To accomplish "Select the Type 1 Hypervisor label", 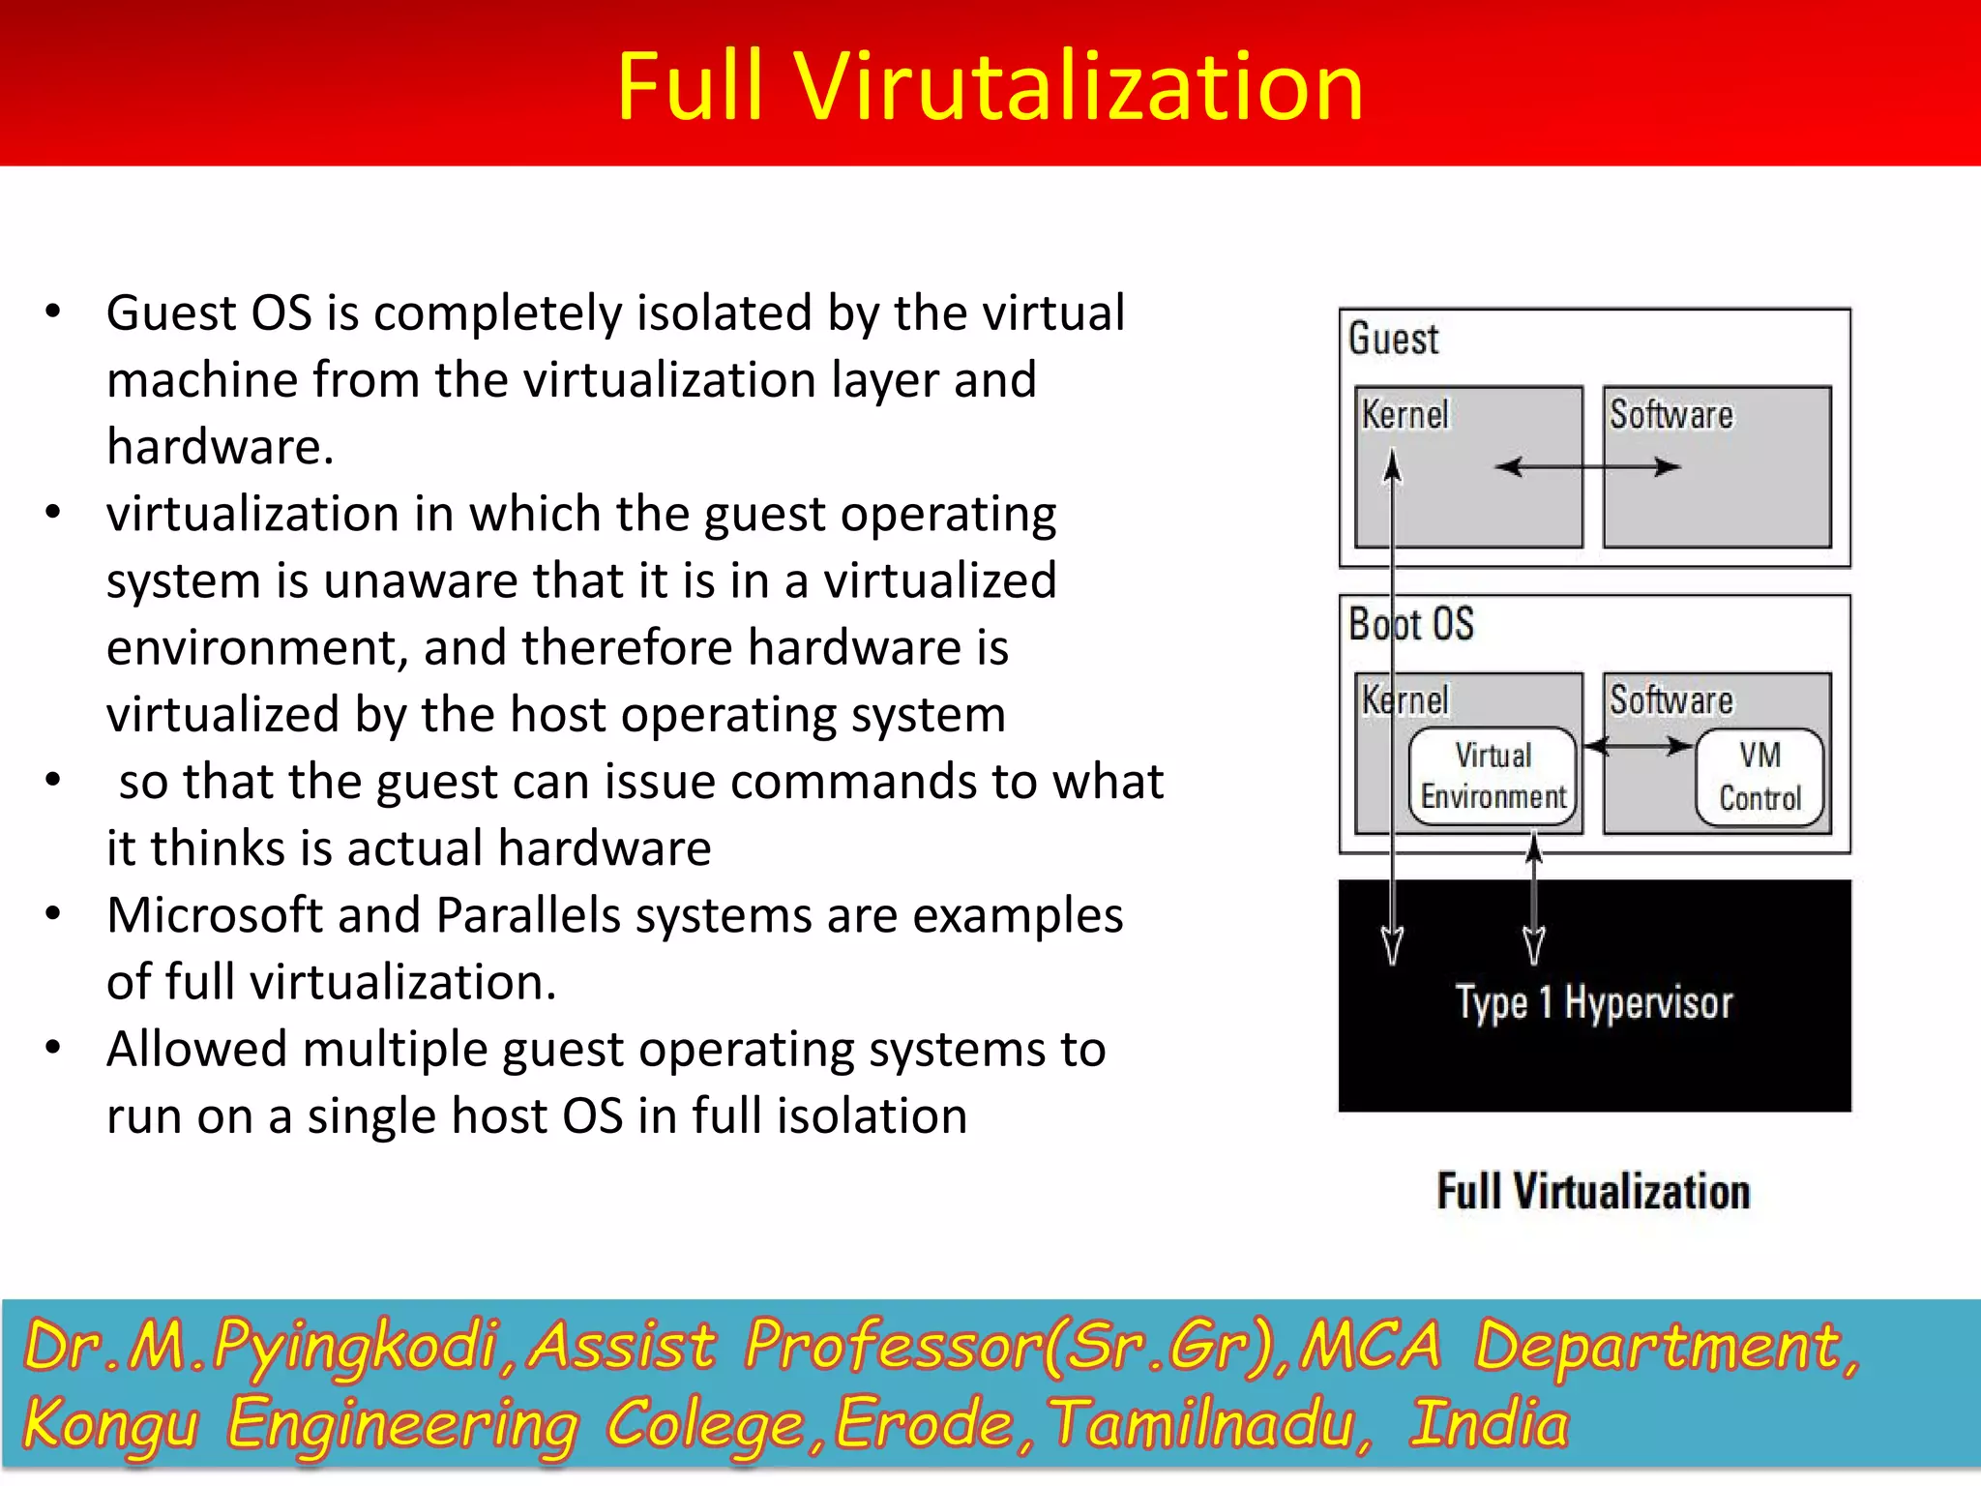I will click(1594, 1003).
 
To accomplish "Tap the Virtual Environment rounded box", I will click(1493, 776).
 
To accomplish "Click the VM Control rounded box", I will click(1759, 777).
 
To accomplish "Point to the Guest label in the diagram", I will click(1393, 340).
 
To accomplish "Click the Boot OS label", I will click(1410, 624).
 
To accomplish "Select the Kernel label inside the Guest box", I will click(1404, 415).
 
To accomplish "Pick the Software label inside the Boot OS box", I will click(1671, 700).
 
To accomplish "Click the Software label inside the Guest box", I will click(1671, 415).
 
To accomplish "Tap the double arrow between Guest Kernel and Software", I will click(1587, 467).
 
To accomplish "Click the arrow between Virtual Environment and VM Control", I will click(1637, 746).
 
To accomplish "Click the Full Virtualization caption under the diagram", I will click(1593, 1191).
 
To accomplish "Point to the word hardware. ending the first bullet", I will click(220, 447).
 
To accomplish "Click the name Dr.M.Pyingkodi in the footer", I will click(259, 1346).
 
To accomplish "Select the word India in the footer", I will click(1489, 1424).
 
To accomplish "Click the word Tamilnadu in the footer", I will click(1209, 1424).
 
